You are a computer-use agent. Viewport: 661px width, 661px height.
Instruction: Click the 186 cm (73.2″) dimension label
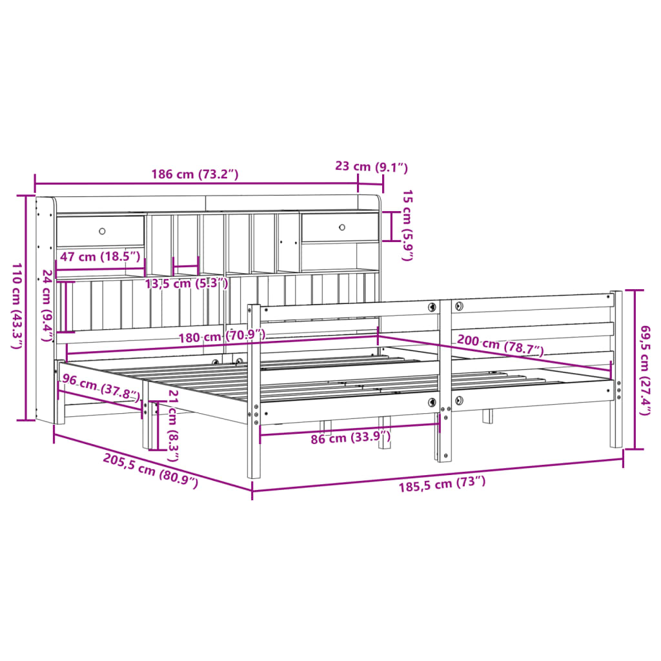coord(195,174)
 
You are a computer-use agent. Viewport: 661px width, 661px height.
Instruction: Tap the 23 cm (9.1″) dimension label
coord(372,167)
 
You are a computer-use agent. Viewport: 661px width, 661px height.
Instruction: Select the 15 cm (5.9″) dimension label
coord(407,225)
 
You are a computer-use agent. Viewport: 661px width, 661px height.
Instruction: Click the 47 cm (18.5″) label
coord(100,256)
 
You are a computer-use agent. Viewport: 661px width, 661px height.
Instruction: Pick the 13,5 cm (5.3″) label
coord(186,283)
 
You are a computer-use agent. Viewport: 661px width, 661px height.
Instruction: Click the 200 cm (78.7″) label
coord(500,346)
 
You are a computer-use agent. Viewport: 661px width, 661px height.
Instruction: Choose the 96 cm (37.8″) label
coord(101,388)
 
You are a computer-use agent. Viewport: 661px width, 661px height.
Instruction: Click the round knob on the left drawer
coord(102,231)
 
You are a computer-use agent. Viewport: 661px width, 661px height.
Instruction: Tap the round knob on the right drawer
coord(342,227)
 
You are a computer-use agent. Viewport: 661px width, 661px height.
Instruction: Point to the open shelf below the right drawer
coord(340,256)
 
